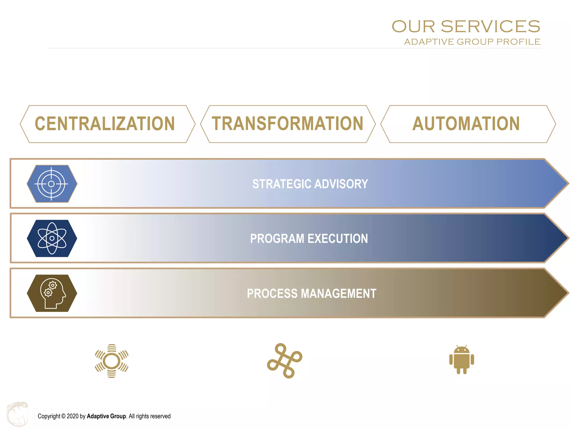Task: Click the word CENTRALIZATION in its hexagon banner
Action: [x=105, y=124]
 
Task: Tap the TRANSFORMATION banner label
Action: [x=287, y=124]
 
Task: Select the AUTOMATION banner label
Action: [x=466, y=124]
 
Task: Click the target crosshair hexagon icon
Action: [x=52, y=184]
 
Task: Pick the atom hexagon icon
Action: [x=52, y=238]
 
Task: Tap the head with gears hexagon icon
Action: [x=52, y=293]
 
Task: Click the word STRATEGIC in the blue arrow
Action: [x=282, y=184]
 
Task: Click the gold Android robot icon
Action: [x=461, y=360]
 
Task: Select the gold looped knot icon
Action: [x=284, y=361]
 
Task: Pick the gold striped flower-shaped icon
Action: [x=111, y=361]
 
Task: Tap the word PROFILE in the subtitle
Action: [x=518, y=42]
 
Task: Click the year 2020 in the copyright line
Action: [x=73, y=416]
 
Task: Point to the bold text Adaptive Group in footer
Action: [x=106, y=416]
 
